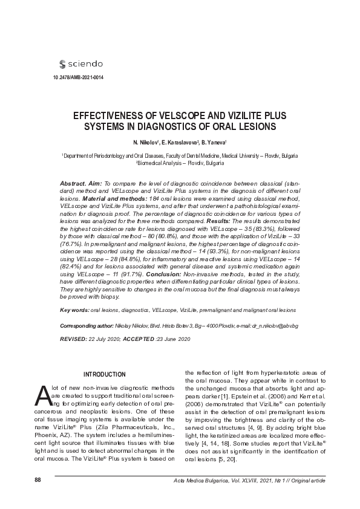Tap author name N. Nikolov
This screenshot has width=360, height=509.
145,142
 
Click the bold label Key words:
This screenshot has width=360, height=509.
74,310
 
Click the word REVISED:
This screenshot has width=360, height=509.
73,340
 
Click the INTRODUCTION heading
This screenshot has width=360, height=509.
105,375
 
